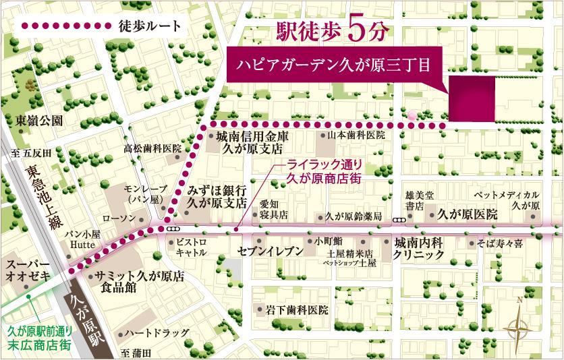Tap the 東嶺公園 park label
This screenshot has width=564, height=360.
point(40,121)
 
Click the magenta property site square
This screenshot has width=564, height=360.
point(471,98)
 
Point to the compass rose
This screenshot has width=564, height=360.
point(519,328)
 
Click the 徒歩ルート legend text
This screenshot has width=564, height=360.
point(149,26)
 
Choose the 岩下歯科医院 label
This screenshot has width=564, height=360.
point(296,311)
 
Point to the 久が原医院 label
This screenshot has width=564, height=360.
point(467,215)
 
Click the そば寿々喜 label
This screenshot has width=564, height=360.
point(500,242)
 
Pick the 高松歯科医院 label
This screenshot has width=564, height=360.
point(152,148)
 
